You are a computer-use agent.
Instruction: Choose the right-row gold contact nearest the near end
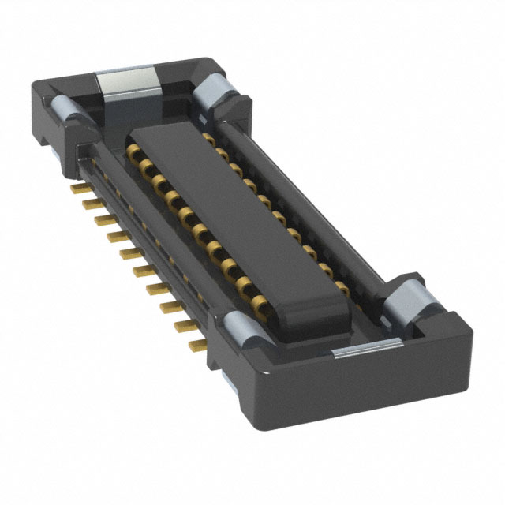341,286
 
